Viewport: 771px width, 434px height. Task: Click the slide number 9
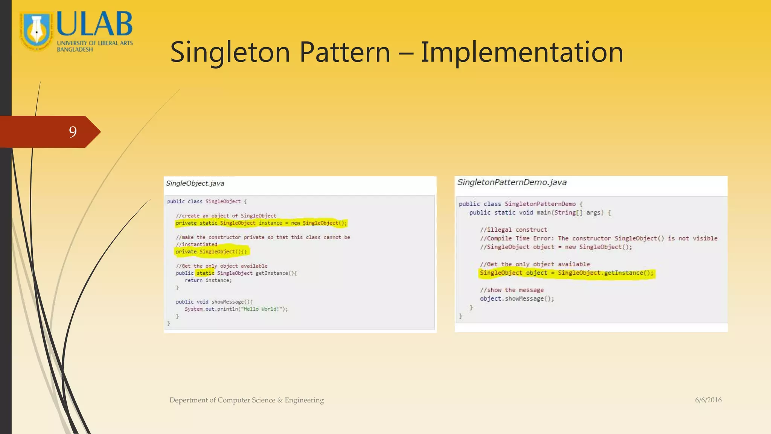pyautogui.click(x=73, y=131)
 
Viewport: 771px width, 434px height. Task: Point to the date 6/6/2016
pyautogui.click(x=708, y=400)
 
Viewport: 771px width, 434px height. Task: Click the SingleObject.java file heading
pyautogui.click(x=195, y=183)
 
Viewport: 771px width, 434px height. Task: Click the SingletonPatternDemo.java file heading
pyautogui.click(x=512, y=182)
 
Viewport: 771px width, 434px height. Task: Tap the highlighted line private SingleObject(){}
pyautogui.click(x=211, y=252)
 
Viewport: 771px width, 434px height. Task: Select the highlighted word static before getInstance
pyautogui.click(x=205, y=273)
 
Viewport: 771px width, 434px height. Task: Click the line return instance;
pyautogui.click(x=208, y=280)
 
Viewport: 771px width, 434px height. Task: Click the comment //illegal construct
pyautogui.click(x=513, y=230)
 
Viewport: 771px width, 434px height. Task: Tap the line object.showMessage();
pyautogui.click(x=517, y=299)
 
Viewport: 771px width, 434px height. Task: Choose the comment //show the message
pyautogui.click(x=512, y=290)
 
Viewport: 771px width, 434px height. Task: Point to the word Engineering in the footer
pyautogui.click(x=304, y=400)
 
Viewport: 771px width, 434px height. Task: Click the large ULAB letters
pyautogui.click(x=94, y=24)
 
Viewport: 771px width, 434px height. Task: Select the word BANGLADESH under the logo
pyautogui.click(x=75, y=49)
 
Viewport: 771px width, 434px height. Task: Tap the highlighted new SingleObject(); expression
pyautogui.click(x=318, y=223)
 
